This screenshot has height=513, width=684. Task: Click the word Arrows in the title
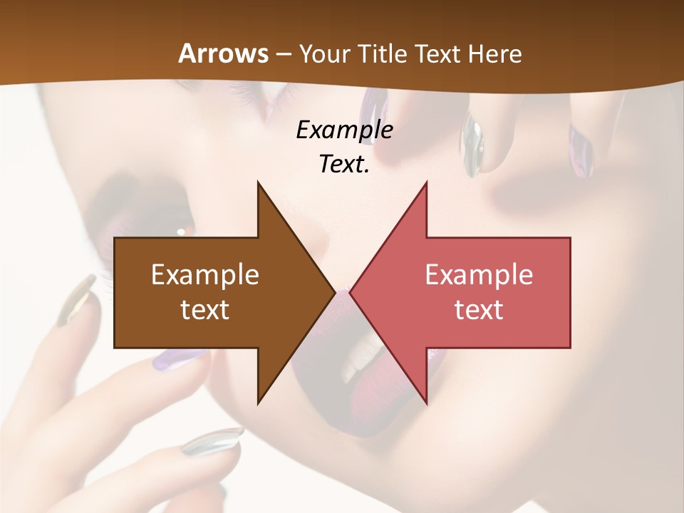pos(224,53)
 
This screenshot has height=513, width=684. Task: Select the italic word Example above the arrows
pos(344,130)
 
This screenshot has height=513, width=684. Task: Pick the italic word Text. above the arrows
pos(344,164)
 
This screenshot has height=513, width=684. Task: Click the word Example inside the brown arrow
pos(205,275)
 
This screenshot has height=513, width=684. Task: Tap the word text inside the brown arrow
pos(205,310)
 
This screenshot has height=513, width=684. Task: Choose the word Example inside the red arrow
pos(479,275)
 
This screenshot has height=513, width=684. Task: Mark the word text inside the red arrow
pos(479,310)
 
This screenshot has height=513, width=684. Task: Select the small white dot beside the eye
pos(181,232)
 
